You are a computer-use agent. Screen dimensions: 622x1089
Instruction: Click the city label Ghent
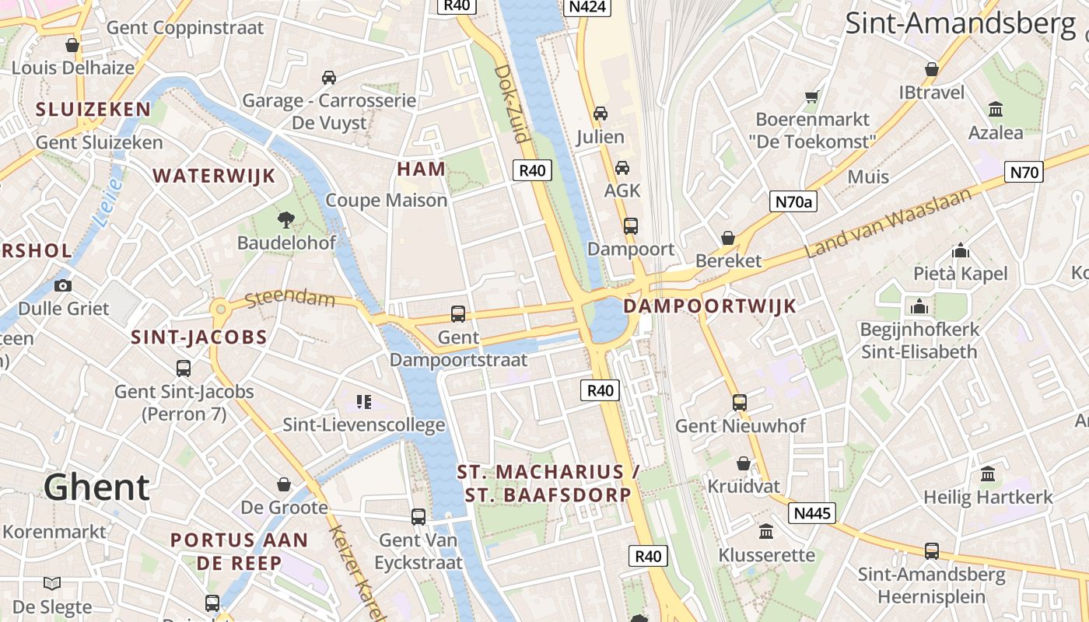96,487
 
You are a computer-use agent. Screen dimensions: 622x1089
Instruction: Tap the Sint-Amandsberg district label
960,23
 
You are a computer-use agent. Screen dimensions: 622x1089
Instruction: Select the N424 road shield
587,6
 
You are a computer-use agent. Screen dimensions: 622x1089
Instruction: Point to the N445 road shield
813,513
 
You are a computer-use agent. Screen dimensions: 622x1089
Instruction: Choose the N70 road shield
1024,172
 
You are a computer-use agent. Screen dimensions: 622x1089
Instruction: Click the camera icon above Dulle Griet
63,285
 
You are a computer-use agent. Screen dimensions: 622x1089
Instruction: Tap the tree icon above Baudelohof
286,219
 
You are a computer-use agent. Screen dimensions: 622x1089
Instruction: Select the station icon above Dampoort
631,226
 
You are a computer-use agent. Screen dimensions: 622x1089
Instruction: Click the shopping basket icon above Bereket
728,238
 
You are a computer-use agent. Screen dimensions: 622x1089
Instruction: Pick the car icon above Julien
601,114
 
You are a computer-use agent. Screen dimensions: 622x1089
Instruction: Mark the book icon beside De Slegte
52,583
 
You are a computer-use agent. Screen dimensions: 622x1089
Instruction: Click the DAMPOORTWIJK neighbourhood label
710,306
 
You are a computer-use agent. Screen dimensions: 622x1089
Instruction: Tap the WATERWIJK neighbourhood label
215,176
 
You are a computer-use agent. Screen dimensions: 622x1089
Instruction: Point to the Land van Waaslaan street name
888,223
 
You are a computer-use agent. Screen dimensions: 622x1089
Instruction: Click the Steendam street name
289,299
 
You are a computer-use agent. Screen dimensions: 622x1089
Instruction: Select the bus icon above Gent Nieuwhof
740,403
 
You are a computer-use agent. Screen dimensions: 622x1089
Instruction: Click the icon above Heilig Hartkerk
988,473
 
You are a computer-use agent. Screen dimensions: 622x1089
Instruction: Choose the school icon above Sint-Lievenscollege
363,402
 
